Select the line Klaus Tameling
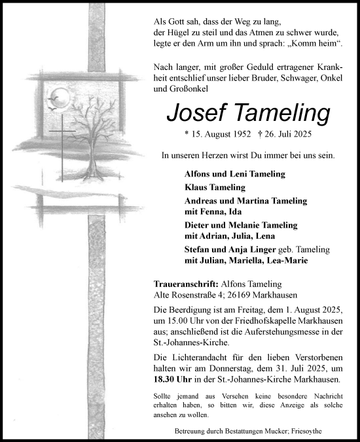pyautogui.click(x=215, y=187)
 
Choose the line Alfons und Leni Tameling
pyautogui.click(x=235, y=174)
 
